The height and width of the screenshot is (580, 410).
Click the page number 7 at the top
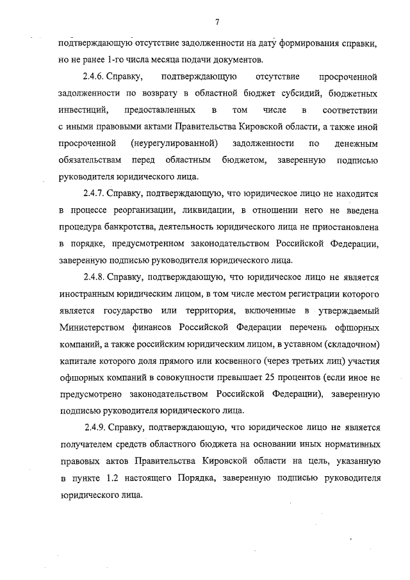click(x=218, y=24)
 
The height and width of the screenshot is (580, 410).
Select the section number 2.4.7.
click(x=96, y=193)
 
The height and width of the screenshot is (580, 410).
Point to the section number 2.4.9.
click(x=96, y=426)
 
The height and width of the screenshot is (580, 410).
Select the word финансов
click(x=158, y=327)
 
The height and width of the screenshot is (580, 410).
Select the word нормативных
click(x=351, y=443)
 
